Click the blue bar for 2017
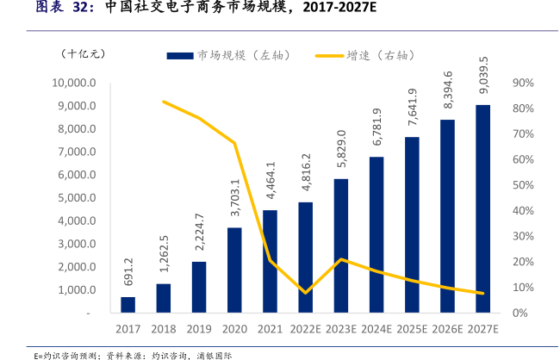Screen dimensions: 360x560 [x=128, y=305]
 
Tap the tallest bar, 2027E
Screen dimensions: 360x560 [x=483, y=209]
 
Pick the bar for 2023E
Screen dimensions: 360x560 [x=341, y=246]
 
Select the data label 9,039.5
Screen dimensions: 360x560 [x=483, y=77]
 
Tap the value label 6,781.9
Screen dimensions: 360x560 [x=376, y=129]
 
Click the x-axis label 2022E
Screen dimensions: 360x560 [x=305, y=329]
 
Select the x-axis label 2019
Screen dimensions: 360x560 [x=198, y=329]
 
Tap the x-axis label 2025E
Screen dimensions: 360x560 [x=412, y=329]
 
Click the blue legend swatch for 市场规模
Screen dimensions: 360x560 [x=179, y=55]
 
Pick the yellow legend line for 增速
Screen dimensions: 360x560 [x=327, y=55]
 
